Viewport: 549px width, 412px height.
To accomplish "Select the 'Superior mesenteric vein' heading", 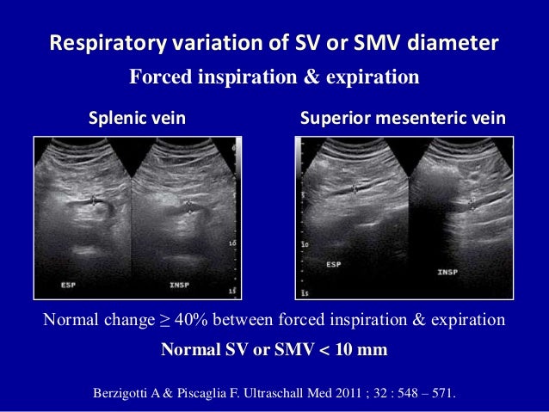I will click(402, 119).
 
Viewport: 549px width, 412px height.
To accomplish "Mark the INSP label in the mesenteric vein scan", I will click(447, 273).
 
